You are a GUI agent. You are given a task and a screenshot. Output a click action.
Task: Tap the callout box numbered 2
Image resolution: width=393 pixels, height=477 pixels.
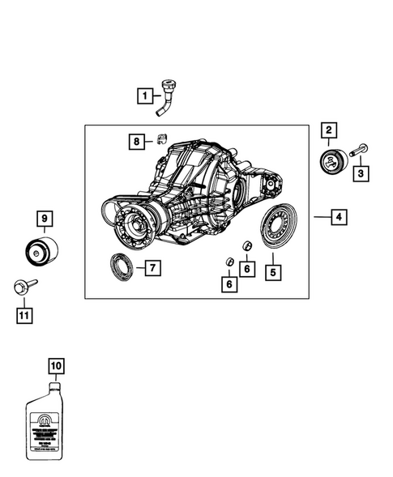[x=329, y=130]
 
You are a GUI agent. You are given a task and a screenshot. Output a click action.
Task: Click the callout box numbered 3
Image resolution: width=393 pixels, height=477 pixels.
[x=362, y=173]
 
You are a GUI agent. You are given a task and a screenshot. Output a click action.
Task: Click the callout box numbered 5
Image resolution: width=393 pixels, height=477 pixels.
[x=272, y=272]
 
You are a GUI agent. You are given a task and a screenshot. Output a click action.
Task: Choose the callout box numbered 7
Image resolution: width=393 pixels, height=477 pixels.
[x=151, y=267]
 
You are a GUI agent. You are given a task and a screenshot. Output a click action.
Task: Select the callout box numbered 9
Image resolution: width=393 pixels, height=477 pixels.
[x=44, y=217]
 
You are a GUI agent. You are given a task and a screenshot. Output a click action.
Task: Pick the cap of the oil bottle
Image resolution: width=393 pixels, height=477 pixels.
[x=53, y=385]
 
